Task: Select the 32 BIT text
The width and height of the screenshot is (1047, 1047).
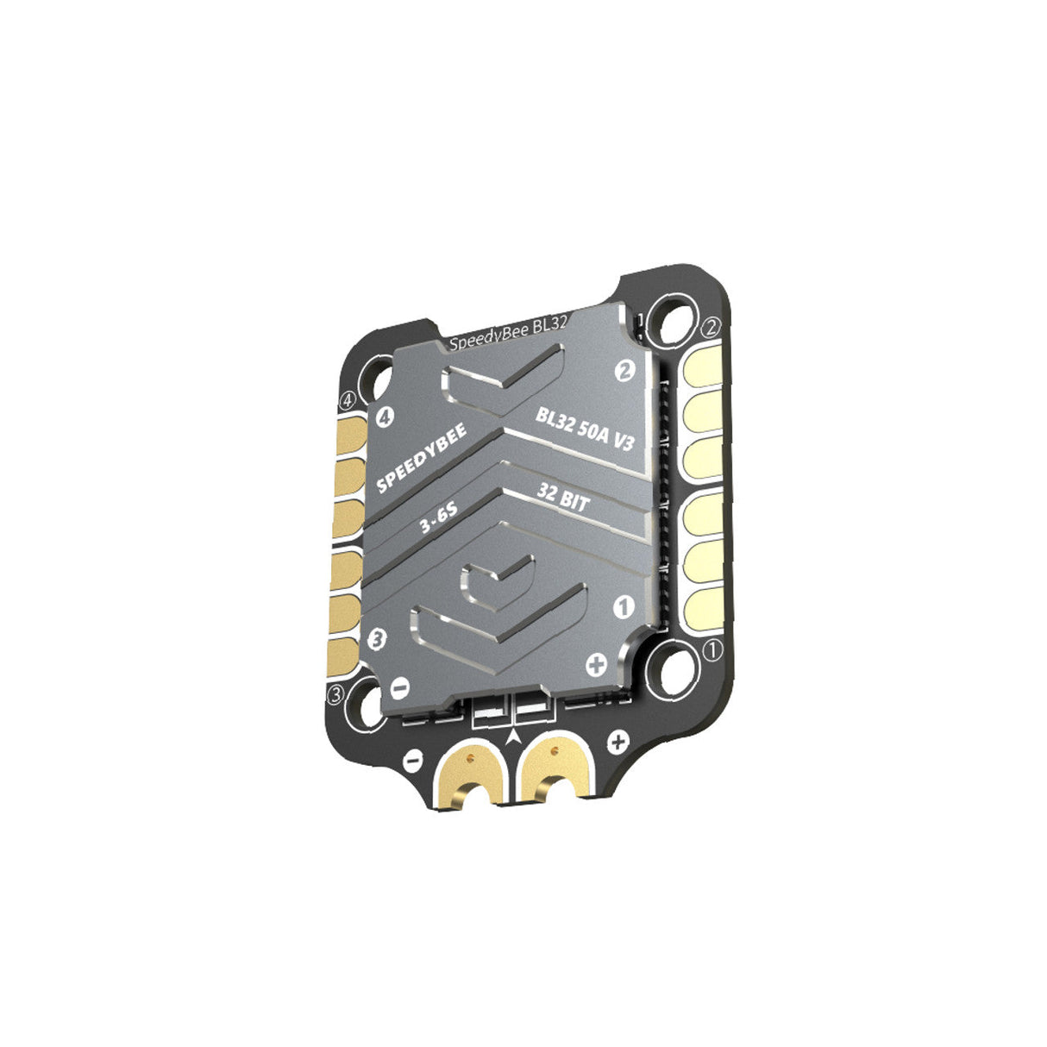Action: point(563,498)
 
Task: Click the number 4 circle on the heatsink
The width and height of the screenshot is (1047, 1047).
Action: point(385,417)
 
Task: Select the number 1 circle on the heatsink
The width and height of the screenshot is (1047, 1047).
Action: point(623,606)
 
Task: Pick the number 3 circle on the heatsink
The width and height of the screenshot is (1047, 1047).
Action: point(376,639)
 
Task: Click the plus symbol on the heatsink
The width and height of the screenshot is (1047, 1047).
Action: point(596,665)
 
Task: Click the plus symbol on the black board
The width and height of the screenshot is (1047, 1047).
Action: point(617,741)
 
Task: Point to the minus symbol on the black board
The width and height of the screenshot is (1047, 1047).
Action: point(412,762)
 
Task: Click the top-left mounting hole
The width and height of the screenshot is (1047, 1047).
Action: point(379,379)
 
